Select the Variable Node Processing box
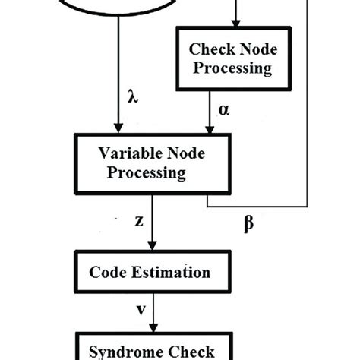pos(141,162)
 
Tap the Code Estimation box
pos(150,272)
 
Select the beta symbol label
pos(248,225)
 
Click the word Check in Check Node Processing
pos(206,48)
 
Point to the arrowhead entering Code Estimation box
pos(153,247)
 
